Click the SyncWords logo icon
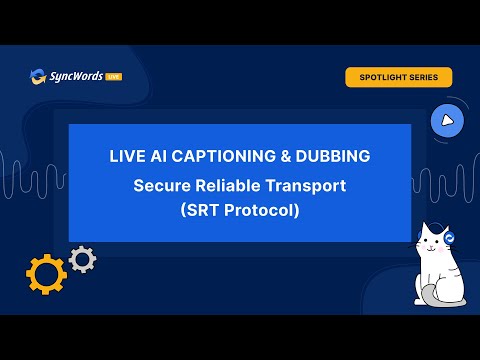(38, 77)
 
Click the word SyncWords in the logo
(76, 76)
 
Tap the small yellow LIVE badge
(114, 77)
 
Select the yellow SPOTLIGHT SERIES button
(399, 77)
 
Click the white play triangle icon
(447, 121)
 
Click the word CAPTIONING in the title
(224, 156)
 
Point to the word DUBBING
(333, 156)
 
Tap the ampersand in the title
(286, 156)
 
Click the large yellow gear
(46, 274)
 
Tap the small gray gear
(82, 259)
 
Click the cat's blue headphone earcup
(449, 238)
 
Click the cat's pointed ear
(426, 230)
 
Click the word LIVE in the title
(127, 156)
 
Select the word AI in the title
(158, 156)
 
